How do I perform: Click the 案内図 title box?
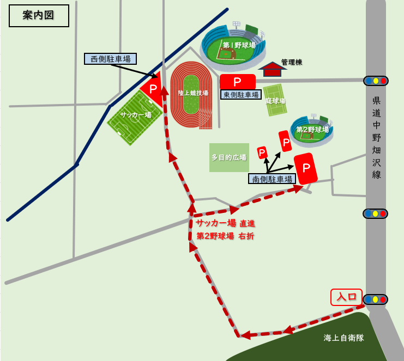(x=39, y=15)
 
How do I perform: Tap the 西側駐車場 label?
(x=110, y=59)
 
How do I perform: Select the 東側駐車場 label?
(x=240, y=94)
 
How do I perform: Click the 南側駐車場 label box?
(x=272, y=179)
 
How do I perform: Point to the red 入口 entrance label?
(x=346, y=297)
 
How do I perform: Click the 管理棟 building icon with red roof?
(x=272, y=69)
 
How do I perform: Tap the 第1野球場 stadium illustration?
(x=233, y=46)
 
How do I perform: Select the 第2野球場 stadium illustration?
(x=311, y=130)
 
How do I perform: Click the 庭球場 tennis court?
(x=275, y=100)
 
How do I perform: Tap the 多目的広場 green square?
(x=229, y=157)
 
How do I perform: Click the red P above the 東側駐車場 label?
(x=238, y=82)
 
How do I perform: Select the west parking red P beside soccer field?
(x=153, y=89)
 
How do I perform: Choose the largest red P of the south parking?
(x=306, y=168)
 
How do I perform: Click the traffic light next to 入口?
(x=375, y=299)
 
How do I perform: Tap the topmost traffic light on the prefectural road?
(x=376, y=81)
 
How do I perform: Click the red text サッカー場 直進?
(x=225, y=223)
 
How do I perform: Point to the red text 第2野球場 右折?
(x=225, y=236)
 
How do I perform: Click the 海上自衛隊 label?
(x=343, y=338)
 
